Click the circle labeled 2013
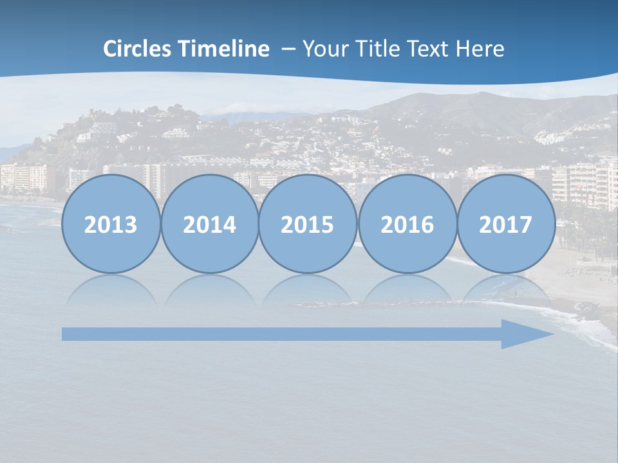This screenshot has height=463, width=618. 111,224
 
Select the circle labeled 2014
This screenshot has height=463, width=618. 210,224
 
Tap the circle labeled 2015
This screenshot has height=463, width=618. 308,224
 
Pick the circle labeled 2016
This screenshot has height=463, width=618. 407,224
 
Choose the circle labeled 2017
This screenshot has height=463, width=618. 506,224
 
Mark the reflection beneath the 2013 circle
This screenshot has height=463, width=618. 111,291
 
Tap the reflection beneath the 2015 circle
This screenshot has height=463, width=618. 308,291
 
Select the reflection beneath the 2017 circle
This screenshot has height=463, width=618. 506,291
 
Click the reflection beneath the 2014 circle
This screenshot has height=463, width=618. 210,291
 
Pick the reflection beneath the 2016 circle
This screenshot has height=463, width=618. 407,291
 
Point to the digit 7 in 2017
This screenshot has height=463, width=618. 526,225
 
